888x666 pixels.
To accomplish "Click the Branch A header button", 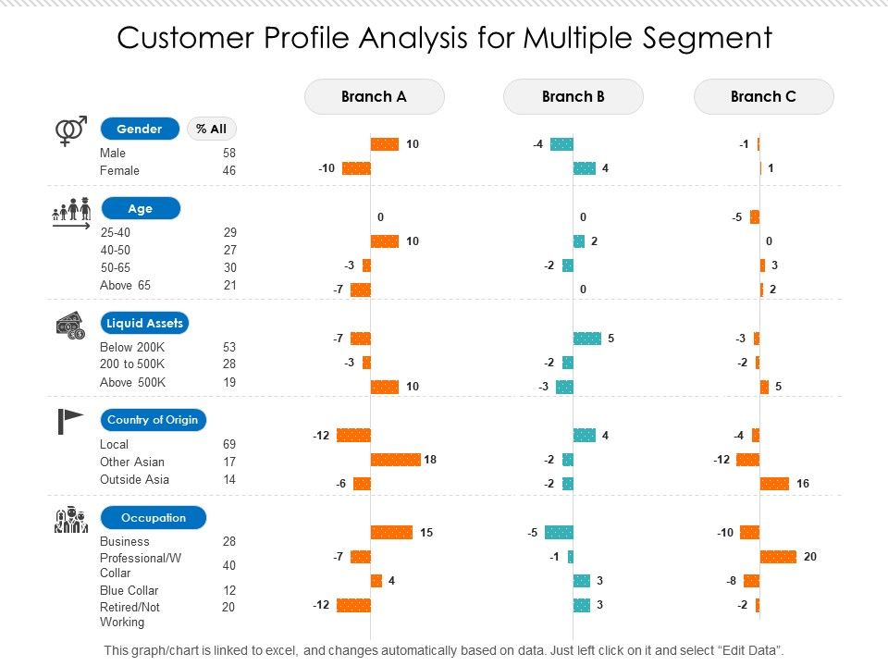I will [x=374, y=96].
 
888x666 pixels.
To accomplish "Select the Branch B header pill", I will [x=573, y=96].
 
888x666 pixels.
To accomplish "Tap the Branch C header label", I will [x=763, y=96].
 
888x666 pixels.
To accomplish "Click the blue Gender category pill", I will [x=140, y=129].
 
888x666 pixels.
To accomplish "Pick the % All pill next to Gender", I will [x=212, y=129].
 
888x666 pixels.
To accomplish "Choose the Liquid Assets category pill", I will [x=143, y=323].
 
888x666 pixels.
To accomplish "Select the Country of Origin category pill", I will [x=153, y=420].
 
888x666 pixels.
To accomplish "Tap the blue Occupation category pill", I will [x=153, y=518].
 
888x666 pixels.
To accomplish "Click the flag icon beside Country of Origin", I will [x=70, y=421].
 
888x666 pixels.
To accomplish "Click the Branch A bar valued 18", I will [x=395, y=460].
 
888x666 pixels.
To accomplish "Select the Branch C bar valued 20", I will [x=778, y=557].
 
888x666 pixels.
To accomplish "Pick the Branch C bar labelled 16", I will [x=774, y=484].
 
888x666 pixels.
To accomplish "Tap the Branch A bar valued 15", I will [x=391, y=532].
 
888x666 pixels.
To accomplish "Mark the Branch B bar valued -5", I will [x=559, y=532].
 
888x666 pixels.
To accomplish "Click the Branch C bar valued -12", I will [x=747, y=460].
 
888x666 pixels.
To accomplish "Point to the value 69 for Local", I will [x=229, y=445].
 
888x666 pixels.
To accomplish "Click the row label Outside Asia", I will [x=134, y=479].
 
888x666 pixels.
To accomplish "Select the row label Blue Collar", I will [x=129, y=590].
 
